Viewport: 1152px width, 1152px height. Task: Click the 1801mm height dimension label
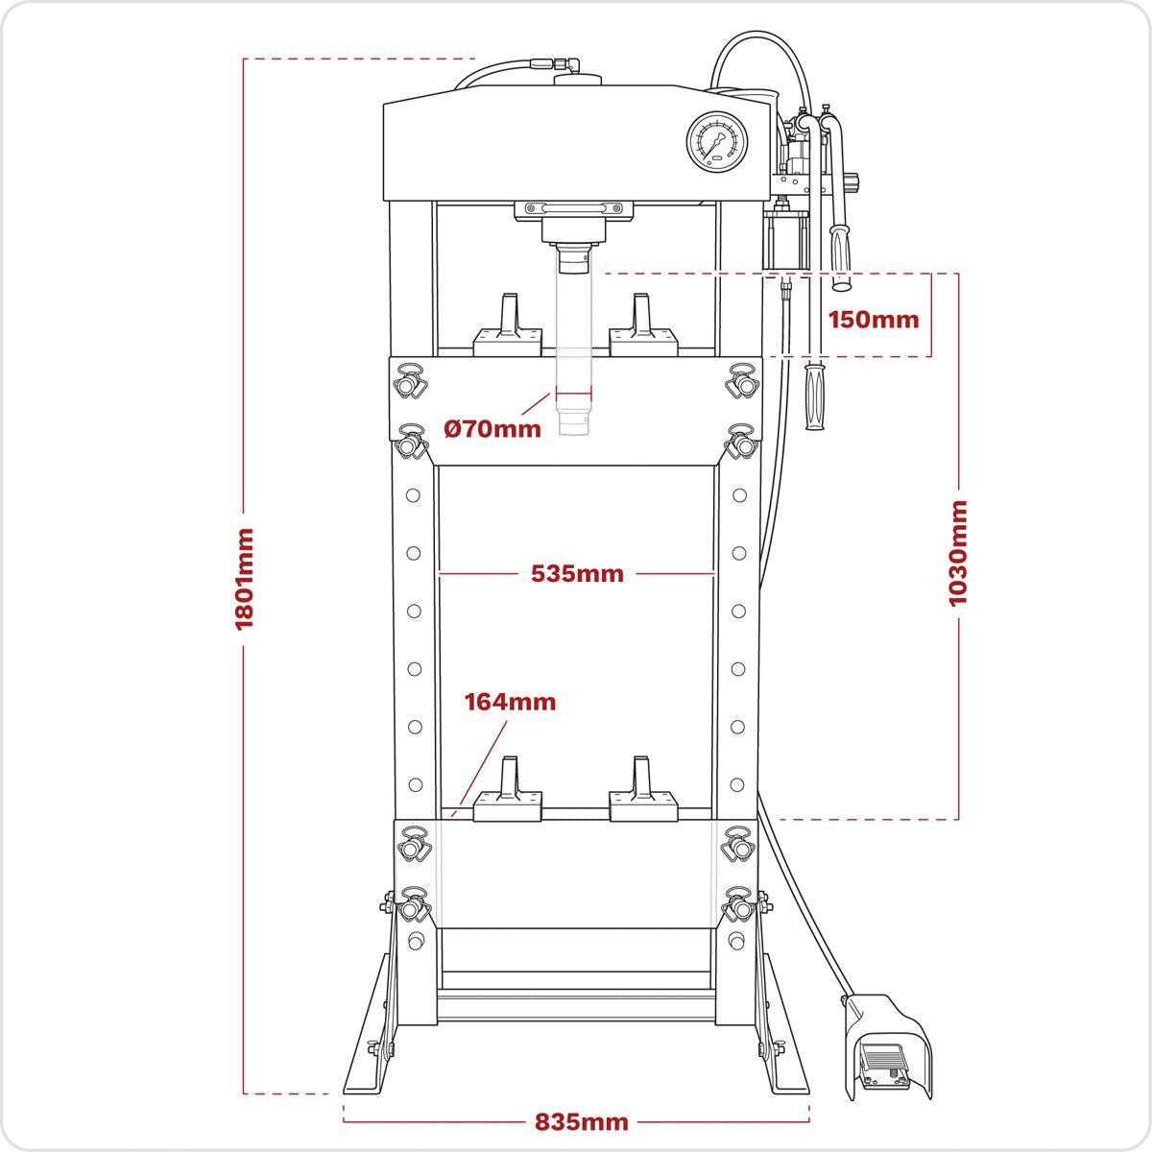coord(244,578)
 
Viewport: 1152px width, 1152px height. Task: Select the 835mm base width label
coord(582,1121)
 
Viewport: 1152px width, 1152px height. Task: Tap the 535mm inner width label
coord(577,574)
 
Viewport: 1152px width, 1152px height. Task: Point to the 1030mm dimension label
coord(957,553)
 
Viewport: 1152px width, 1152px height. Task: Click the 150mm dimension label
coord(874,320)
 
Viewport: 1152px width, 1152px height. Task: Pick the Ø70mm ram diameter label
coord(492,428)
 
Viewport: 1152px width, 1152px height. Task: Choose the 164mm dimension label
coord(510,702)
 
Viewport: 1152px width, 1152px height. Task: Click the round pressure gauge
coord(717,144)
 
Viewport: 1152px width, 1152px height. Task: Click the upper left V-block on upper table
coord(509,326)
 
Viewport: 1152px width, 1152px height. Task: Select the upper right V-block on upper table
coord(643,326)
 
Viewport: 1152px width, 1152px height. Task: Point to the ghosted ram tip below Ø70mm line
coord(574,422)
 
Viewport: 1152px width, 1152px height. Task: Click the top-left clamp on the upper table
coord(412,381)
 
